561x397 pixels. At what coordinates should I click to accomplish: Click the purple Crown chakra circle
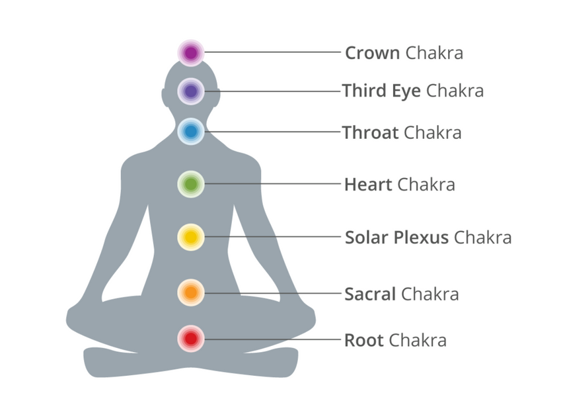coord(191,53)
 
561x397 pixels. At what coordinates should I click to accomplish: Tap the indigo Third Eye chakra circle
coord(191,91)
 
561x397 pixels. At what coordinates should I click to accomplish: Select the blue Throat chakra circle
coord(191,132)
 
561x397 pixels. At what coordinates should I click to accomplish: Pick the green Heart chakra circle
coord(191,184)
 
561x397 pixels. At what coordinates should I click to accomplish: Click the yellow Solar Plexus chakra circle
coord(191,237)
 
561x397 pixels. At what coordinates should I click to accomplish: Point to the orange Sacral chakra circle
coord(191,292)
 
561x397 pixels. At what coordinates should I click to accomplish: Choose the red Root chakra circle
coord(191,339)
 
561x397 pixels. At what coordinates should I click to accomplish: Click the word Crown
coord(373,53)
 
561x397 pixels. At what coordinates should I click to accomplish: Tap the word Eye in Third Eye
coord(406,91)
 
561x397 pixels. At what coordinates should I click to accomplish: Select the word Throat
coord(370,132)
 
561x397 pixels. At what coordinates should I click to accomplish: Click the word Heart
coord(368,185)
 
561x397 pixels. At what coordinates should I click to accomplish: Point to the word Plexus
coord(421,237)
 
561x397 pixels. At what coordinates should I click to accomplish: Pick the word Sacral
coord(370,294)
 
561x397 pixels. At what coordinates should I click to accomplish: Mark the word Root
coord(364,340)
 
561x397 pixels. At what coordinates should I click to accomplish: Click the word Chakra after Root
coord(418,340)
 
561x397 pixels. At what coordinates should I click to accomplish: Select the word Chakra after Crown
coord(434,53)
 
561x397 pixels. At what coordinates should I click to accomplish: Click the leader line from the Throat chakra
coord(273,132)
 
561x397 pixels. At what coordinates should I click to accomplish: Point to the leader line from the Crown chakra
coord(273,52)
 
